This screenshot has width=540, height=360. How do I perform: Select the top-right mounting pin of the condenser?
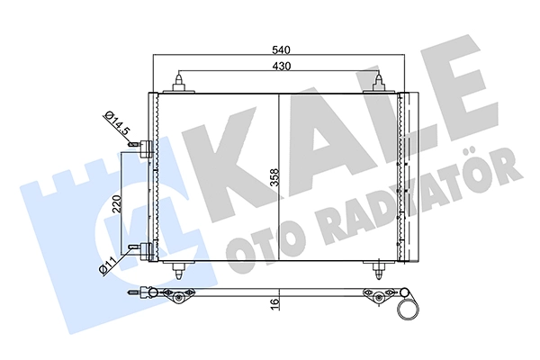click(x=377, y=84)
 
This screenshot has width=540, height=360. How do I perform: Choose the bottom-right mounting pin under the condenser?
click(x=377, y=269)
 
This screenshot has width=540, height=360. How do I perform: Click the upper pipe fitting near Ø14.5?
click(x=141, y=149)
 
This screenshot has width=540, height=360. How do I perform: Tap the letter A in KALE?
click(x=306, y=135)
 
